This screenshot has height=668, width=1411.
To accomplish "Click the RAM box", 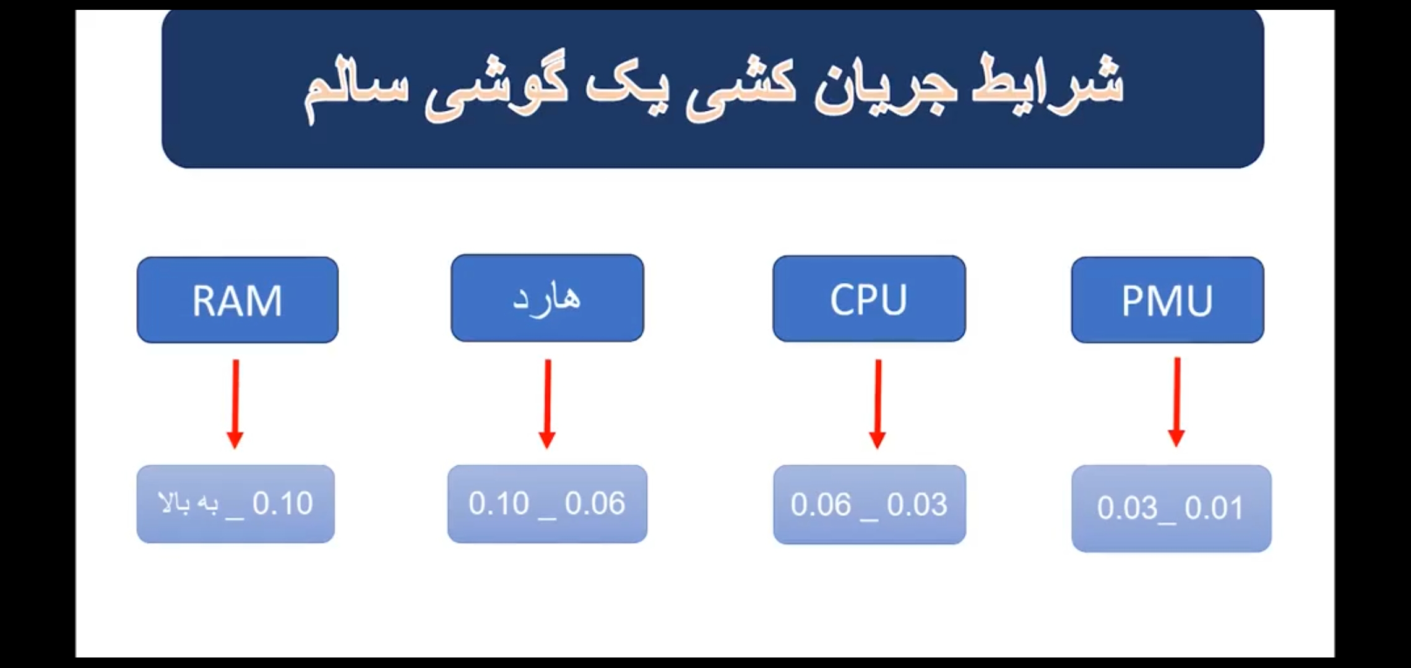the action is (x=238, y=300).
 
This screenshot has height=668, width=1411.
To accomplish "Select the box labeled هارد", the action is (x=547, y=298).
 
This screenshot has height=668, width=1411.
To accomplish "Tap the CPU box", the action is (x=869, y=299).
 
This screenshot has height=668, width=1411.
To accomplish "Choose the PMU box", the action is (x=1167, y=300).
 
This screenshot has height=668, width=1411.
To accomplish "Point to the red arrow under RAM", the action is (x=235, y=404).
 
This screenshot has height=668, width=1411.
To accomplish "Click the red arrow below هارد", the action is (x=547, y=404).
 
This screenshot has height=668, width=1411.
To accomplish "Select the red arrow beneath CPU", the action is (x=878, y=404).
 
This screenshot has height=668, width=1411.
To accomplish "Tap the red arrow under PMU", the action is (x=1176, y=402).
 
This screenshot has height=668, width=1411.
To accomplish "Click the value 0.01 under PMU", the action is (x=1214, y=508).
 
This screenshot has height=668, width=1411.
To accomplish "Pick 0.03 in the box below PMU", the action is (x=1127, y=508).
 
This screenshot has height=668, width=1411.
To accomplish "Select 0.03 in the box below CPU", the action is (x=917, y=505).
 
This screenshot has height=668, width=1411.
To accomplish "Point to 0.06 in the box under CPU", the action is (x=821, y=505).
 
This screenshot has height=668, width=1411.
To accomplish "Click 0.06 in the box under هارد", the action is (x=595, y=503).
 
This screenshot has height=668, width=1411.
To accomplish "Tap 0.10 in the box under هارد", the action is (x=499, y=503).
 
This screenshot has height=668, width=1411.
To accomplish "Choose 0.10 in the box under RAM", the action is (x=283, y=503).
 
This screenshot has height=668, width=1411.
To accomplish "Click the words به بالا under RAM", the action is (x=189, y=503).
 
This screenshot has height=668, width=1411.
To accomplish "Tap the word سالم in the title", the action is (x=356, y=93).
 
